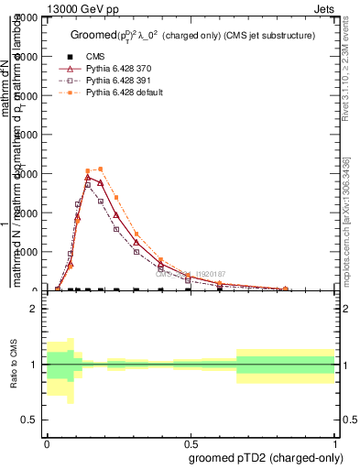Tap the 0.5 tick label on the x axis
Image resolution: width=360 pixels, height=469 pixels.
191,442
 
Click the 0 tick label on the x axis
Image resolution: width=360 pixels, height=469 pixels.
47,442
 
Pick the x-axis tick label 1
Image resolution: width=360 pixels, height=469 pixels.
335,442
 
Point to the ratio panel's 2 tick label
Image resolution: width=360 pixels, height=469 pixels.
34,309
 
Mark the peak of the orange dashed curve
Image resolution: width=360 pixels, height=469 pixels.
101,169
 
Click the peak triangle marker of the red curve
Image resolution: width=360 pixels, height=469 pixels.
88,177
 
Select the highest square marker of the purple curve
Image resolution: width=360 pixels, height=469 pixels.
88,184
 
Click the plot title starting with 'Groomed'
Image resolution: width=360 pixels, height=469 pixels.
192,35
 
